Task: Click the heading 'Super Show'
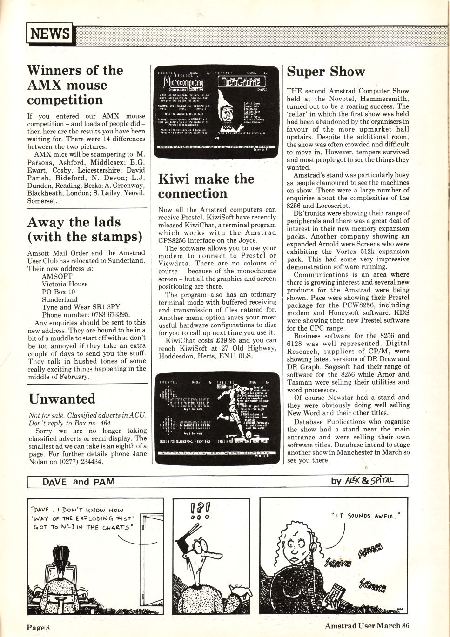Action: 326,72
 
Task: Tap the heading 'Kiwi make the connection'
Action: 206,186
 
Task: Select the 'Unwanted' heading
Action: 62,399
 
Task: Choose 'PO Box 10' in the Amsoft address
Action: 58,292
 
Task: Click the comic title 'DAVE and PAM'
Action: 78,482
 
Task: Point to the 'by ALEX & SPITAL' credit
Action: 362,481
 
